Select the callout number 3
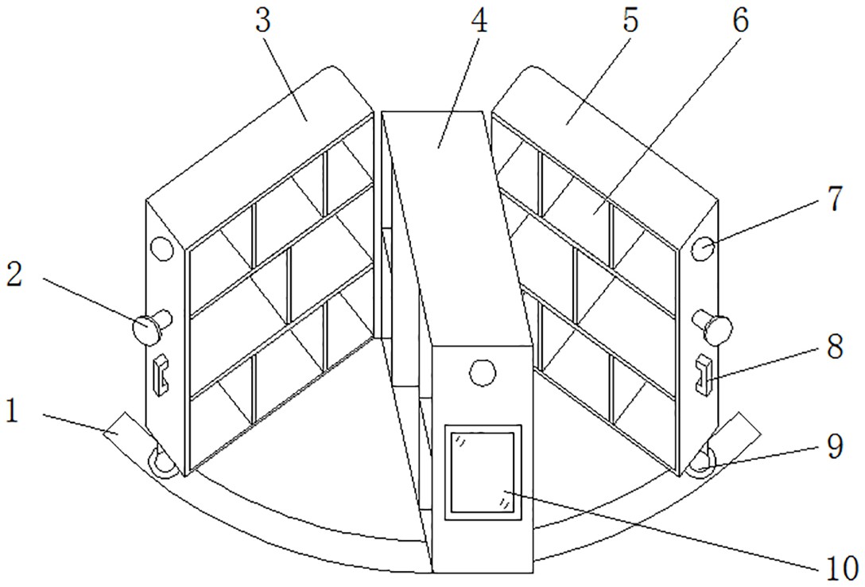[264, 23]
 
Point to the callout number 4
[477, 21]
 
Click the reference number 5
[630, 21]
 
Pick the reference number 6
[739, 21]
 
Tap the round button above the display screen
[481, 372]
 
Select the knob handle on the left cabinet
[151, 327]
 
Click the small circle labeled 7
[704, 247]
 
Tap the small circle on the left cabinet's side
[161, 248]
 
